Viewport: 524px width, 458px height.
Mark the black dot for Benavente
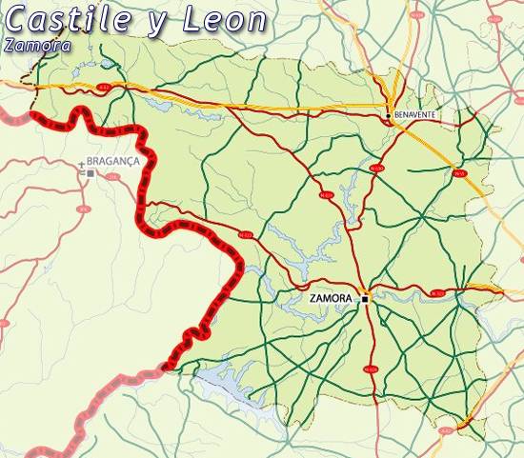[x=388, y=115]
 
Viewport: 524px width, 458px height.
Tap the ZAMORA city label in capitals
[x=332, y=298]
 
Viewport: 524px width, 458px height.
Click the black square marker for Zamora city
[x=364, y=298]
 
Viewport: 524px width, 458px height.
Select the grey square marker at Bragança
[x=90, y=174]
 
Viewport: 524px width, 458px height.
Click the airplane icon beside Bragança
[x=81, y=164]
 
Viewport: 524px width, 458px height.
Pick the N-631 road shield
[x=327, y=195]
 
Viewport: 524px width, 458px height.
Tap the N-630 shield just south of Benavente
[x=376, y=169]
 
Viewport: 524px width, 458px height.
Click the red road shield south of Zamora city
[x=370, y=368]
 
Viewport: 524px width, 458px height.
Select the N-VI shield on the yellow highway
[x=457, y=173]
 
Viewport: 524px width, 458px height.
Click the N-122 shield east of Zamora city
[x=436, y=293]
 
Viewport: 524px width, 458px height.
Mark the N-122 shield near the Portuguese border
[x=245, y=234]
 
